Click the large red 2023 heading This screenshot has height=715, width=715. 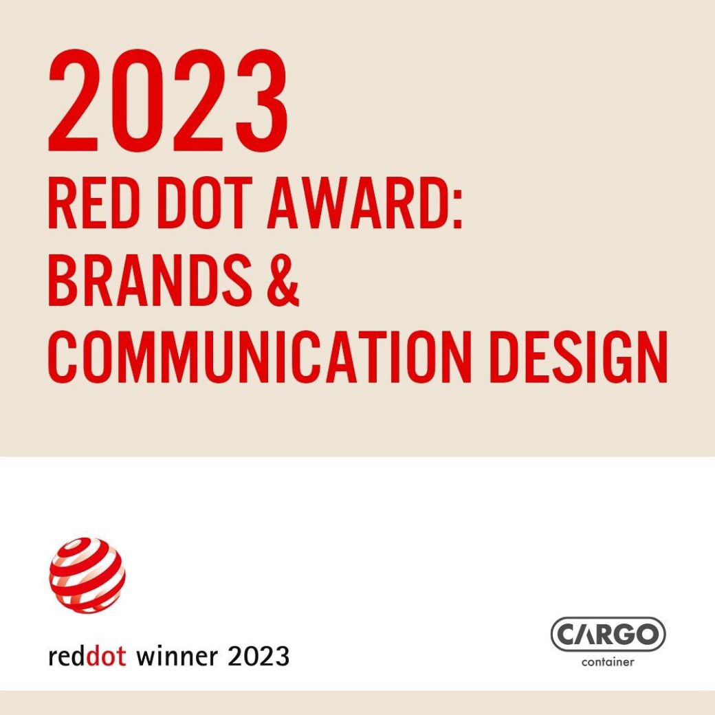(168, 100)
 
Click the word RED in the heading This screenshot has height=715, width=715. (93, 202)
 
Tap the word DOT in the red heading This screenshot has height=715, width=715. (205, 202)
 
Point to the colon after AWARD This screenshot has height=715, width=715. (458, 209)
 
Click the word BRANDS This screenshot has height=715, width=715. (150, 279)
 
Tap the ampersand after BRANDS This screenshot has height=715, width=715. (282, 279)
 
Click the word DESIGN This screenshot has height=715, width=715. (578, 356)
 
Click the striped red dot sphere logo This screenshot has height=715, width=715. (87, 575)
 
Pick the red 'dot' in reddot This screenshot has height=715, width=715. (107, 657)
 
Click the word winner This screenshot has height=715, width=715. (177, 657)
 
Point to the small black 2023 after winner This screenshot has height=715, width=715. (258, 657)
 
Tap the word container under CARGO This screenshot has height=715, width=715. (608, 661)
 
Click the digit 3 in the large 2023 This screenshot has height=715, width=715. (262, 100)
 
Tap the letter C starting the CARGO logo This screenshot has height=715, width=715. (566, 635)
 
